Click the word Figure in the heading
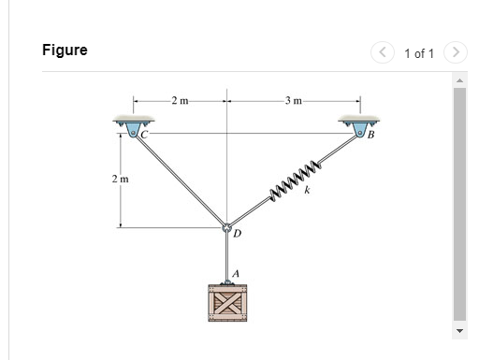(x=65, y=50)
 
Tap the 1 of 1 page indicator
(x=418, y=52)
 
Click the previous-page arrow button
(x=384, y=52)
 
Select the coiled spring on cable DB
(x=296, y=178)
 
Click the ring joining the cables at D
(x=225, y=227)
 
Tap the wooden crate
(x=226, y=304)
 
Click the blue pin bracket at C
(x=135, y=126)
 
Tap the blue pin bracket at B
(x=356, y=125)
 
